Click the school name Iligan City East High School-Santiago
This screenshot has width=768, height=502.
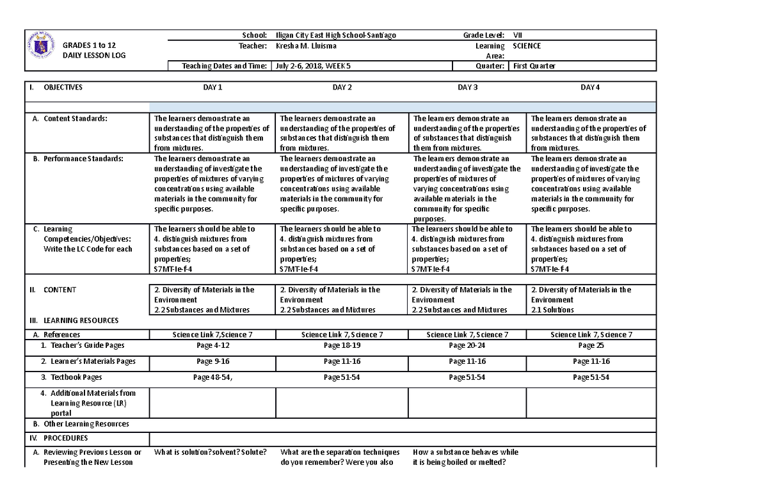(x=335, y=35)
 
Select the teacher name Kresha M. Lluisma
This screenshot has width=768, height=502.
(x=306, y=46)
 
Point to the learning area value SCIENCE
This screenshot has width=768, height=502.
(x=527, y=46)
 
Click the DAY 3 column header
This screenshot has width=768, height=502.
(x=468, y=88)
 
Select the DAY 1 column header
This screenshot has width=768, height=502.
(x=212, y=88)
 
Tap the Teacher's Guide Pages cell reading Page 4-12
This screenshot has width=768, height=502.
(x=212, y=345)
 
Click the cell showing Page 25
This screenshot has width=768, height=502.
(x=591, y=345)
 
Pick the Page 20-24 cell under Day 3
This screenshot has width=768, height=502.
(x=467, y=345)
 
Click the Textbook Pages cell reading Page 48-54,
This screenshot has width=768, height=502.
(x=212, y=377)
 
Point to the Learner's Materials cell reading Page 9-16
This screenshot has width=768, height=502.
(x=212, y=361)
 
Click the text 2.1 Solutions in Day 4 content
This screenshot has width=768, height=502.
(x=552, y=310)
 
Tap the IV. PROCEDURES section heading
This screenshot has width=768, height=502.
(x=65, y=439)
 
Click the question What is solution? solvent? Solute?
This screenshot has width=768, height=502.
(x=211, y=452)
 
